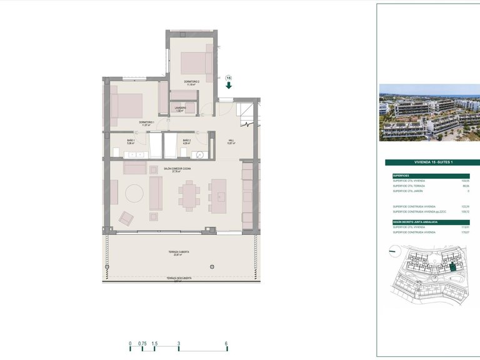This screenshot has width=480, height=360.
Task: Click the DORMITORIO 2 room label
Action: (191, 82)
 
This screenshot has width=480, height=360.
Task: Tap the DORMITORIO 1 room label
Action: (147, 122)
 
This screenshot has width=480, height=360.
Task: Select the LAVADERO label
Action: (181, 108)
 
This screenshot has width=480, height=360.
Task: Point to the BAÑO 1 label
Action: (131, 140)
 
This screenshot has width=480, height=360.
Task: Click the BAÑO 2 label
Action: (186, 140)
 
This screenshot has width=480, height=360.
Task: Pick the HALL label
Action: (231, 141)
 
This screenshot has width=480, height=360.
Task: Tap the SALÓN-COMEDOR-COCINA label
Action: (177, 169)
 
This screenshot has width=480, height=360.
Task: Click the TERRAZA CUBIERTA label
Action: (178, 252)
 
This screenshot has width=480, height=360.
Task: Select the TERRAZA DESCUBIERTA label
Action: (179, 278)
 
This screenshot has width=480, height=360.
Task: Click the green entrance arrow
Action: (229, 86)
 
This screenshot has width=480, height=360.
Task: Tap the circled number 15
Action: (229, 77)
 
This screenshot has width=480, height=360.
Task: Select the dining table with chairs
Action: (189, 196)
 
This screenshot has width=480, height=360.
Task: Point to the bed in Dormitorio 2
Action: (196, 62)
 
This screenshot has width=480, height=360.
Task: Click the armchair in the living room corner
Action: (127, 218)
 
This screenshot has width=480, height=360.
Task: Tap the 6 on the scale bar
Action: (226, 344)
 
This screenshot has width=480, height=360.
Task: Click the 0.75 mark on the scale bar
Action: (142, 344)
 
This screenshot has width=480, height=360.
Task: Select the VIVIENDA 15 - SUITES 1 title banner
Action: (428, 162)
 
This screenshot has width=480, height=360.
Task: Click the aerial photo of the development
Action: (428, 112)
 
